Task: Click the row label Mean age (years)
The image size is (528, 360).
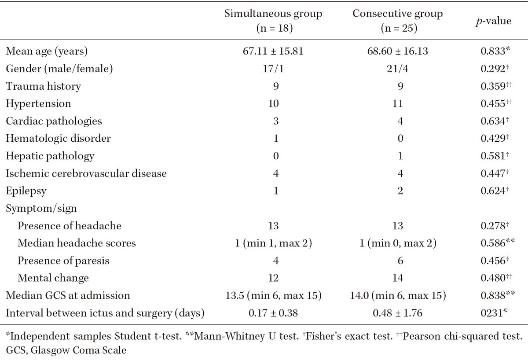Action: pyautogui.click(x=47, y=51)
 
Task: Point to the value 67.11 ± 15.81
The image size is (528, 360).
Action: pyautogui.click(x=273, y=51)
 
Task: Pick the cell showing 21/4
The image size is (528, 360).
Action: pyautogui.click(x=397, y=69)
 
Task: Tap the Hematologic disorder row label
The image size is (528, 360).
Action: pyautogui.click(x=58, y=139)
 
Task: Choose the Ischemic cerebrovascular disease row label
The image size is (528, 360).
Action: pyautogui.click(x=86, y=173)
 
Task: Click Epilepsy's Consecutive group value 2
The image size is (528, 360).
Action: pyautogui.click(x=397, y=191)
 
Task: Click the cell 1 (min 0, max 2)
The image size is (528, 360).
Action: pyautogui.click(x=397, y=243)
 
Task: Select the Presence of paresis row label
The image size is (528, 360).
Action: pyautogui.click(x=63, y=261)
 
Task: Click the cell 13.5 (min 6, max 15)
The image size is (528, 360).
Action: pyautogui.click(x=273, y=296)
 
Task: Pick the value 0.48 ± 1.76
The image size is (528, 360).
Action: pyautogui.click(x=397, y=313)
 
